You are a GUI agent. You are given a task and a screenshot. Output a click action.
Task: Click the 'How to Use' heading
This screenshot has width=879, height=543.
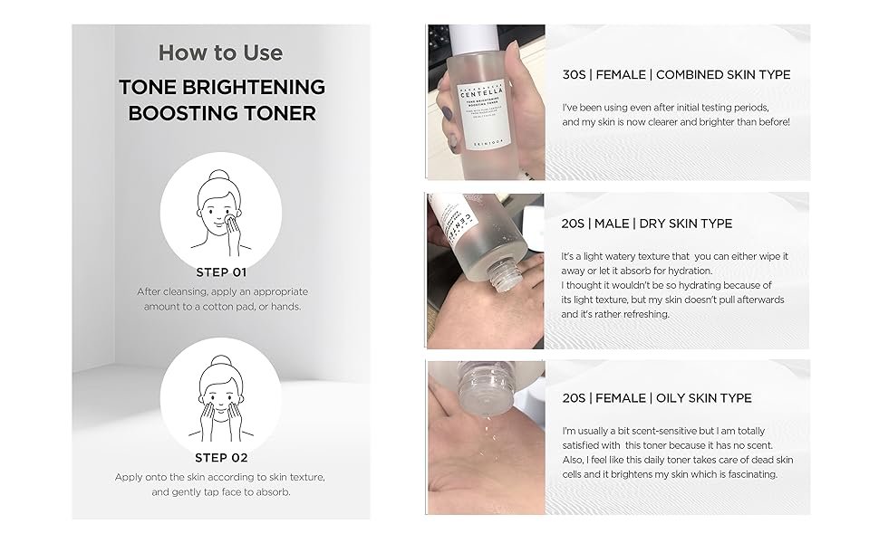point(220,53)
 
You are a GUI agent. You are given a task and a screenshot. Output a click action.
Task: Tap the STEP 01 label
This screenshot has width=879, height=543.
point(221,272)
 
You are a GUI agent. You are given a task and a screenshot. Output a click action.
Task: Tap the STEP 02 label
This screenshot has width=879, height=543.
point(221,458)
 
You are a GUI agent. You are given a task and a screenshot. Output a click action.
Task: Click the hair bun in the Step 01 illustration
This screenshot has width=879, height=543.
point(218,175)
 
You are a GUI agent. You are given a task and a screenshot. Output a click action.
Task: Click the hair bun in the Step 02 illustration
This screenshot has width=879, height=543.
point(220,360)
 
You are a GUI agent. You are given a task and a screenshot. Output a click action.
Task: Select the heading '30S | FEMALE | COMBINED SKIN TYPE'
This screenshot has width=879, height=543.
point(676,75)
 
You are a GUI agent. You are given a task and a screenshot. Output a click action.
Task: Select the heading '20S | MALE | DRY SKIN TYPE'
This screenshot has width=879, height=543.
point(646,224)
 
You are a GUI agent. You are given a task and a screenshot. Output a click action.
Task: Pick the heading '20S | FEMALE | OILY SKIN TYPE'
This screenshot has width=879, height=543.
point(656,398)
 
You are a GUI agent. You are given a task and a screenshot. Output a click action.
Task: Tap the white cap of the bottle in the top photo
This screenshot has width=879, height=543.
point(477,36)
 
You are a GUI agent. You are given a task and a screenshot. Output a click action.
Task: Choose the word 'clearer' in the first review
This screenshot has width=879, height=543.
point(665,122)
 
